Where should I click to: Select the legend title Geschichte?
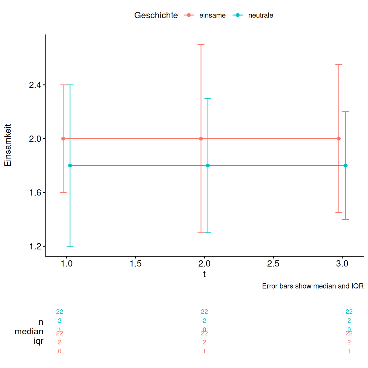[156, 15]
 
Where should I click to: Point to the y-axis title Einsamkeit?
[8, 145]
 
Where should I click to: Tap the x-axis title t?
[204, 274]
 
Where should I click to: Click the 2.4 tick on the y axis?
[35, 85]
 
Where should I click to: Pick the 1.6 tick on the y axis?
[35, 193]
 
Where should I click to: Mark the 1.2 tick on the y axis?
[35, 246]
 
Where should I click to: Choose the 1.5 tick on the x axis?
[136, 264]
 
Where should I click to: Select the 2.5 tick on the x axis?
[273, 264]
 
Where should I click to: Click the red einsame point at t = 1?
[63, 139]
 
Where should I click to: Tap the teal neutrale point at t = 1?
[70, 166]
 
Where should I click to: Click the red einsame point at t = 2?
[201, 139]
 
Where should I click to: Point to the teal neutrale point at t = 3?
[346, 166]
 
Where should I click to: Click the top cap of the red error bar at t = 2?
[201, 44]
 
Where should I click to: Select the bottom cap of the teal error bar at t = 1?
[70, 246]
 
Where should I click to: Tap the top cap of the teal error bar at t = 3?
[346, 112]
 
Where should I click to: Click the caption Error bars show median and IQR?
[313, 286]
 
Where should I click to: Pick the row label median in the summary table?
[29, 332]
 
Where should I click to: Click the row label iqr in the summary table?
[39, 341]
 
